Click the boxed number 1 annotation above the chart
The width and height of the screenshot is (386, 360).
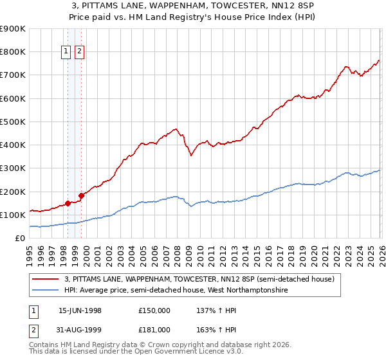pyautogui.click(x=67, y=52)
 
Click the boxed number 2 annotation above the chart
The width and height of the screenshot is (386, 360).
pyautogui.click(x=79, y=52)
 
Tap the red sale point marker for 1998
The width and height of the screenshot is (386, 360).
pyautogui.click(x=68, y=203)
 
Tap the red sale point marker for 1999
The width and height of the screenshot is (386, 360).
pyautogui.click(x=81, y=195)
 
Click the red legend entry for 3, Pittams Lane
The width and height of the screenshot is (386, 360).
pyautogui.click(x=199, y=280)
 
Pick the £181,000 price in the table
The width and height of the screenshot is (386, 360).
pyautogui.click(x=154, y=330)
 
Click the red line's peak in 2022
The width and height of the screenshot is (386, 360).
pyautogui.click(x=346, y=66)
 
